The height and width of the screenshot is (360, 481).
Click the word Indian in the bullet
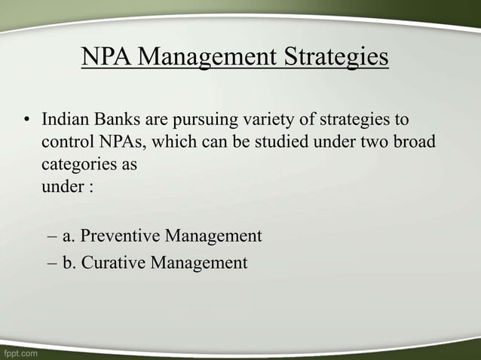point(64,120)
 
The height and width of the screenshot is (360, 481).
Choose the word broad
point(413,142)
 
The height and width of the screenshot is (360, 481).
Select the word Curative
point(114,263)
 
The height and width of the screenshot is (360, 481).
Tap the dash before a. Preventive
point(51,236)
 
